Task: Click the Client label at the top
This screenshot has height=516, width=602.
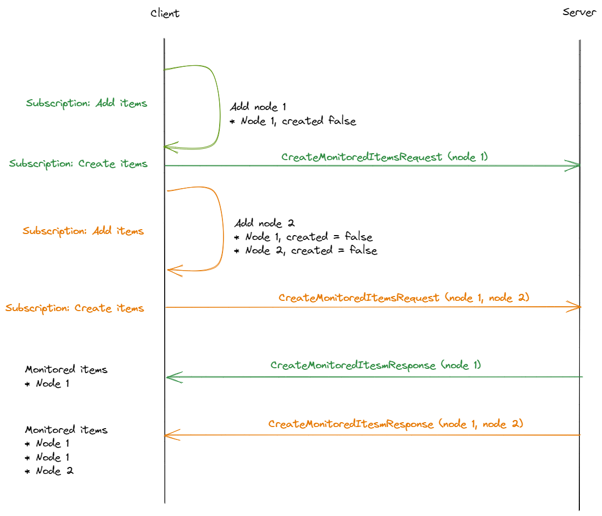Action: [x=165, y=13]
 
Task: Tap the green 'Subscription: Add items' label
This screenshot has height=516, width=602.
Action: [x=86, y=103]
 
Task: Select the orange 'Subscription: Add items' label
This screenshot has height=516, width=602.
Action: [x=83, y=231]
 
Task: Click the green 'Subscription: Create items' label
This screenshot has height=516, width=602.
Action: [x=78, y=163]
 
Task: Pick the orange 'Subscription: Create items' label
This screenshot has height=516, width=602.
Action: [x=75, y=308]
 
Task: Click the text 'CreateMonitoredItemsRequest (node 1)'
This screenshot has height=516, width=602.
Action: [x=384, y=157]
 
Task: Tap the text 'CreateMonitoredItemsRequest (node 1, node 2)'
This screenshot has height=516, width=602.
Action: [x=404, y=298]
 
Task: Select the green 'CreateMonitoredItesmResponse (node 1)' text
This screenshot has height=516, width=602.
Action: [x=376, y=365]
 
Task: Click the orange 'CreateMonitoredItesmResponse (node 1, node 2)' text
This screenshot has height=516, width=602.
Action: [x=396, y=424]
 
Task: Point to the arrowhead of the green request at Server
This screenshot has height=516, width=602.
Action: [x=576, y=166]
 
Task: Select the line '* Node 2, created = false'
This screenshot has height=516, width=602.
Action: [x=306, y=251]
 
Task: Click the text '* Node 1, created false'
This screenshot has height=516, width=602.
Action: [x=293, y=121]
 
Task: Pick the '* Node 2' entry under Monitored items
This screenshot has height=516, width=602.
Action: [x=49, y=471]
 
